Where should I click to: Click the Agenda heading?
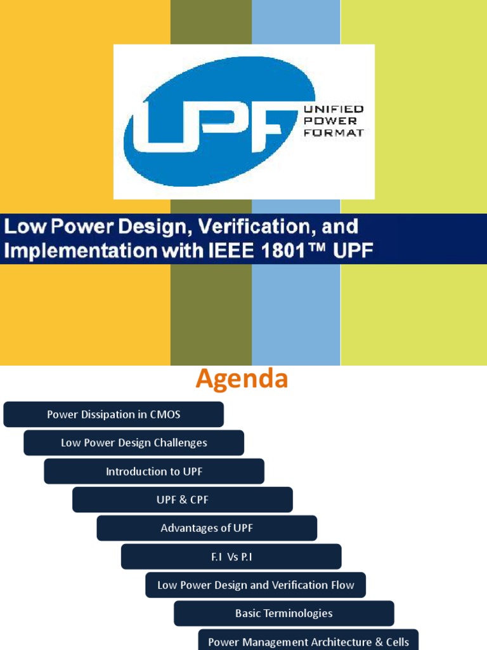point(242,379)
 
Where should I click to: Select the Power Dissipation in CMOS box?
point(114,415)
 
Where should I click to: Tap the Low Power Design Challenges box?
point(134,443)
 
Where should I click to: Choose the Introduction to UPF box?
point(154,472)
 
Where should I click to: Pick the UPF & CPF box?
point(183,500)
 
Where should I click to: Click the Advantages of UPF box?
point(207,528)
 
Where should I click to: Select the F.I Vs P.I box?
point(231,557)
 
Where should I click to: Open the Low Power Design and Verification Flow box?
point(256,585)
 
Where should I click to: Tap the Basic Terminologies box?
point(284,613)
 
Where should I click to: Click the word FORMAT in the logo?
point(334,132)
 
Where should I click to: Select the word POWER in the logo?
point(330,121)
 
